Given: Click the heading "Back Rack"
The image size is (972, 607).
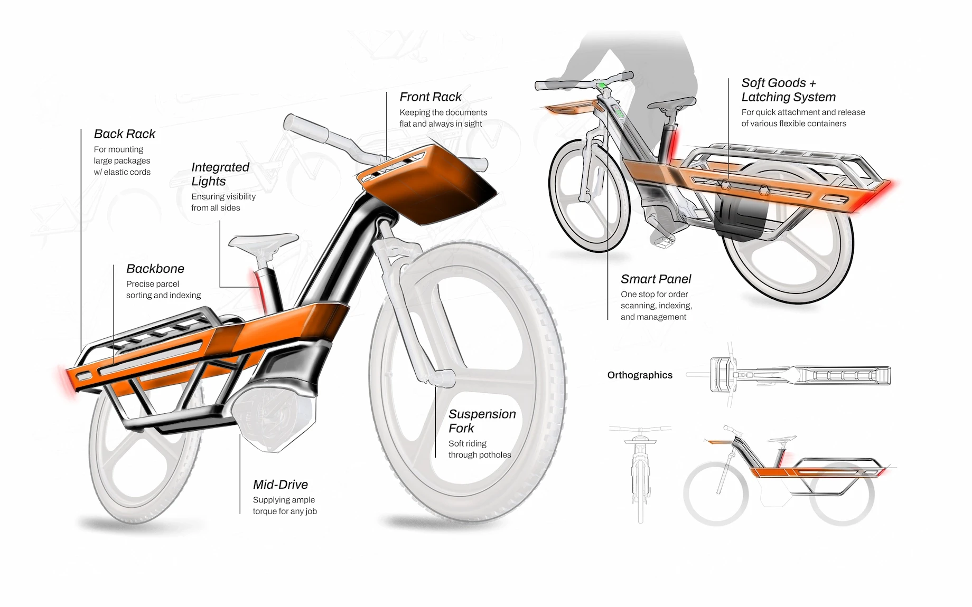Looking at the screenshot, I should [125, 134].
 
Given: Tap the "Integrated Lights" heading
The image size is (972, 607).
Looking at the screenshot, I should [220, 174].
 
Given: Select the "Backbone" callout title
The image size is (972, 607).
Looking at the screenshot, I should [155, 269].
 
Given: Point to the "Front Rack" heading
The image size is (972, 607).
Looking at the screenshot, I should [431, 97].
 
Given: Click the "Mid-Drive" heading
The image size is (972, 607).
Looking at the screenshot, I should [281, 485].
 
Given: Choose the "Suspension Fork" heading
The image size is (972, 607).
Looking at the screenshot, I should [482, 421].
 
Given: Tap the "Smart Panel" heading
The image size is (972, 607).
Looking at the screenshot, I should [656, 279].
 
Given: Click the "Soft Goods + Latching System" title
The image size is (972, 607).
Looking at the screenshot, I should [788, 90].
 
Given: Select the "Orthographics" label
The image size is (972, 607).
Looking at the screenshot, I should [640, 375].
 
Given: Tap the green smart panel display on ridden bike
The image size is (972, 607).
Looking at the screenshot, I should [602, 86].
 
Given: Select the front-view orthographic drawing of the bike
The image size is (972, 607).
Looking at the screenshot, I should [640, 470].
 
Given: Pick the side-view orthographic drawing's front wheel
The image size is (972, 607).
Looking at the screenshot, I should [716, 494].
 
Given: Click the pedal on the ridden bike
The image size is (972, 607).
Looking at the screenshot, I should [663, 242].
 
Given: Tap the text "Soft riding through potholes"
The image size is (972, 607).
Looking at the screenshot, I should [480, 449].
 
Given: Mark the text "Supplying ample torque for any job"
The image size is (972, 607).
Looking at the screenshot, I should [285, 506].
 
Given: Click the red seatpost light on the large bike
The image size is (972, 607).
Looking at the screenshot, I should [259, 288].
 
